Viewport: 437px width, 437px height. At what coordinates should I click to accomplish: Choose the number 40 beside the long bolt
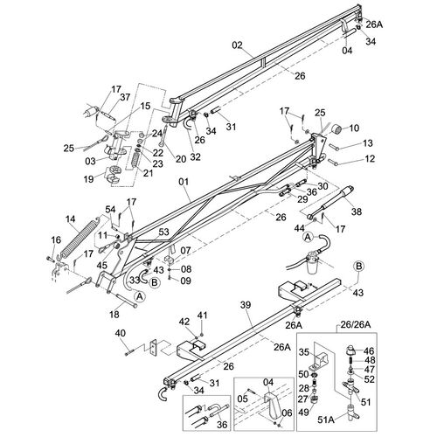121,333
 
